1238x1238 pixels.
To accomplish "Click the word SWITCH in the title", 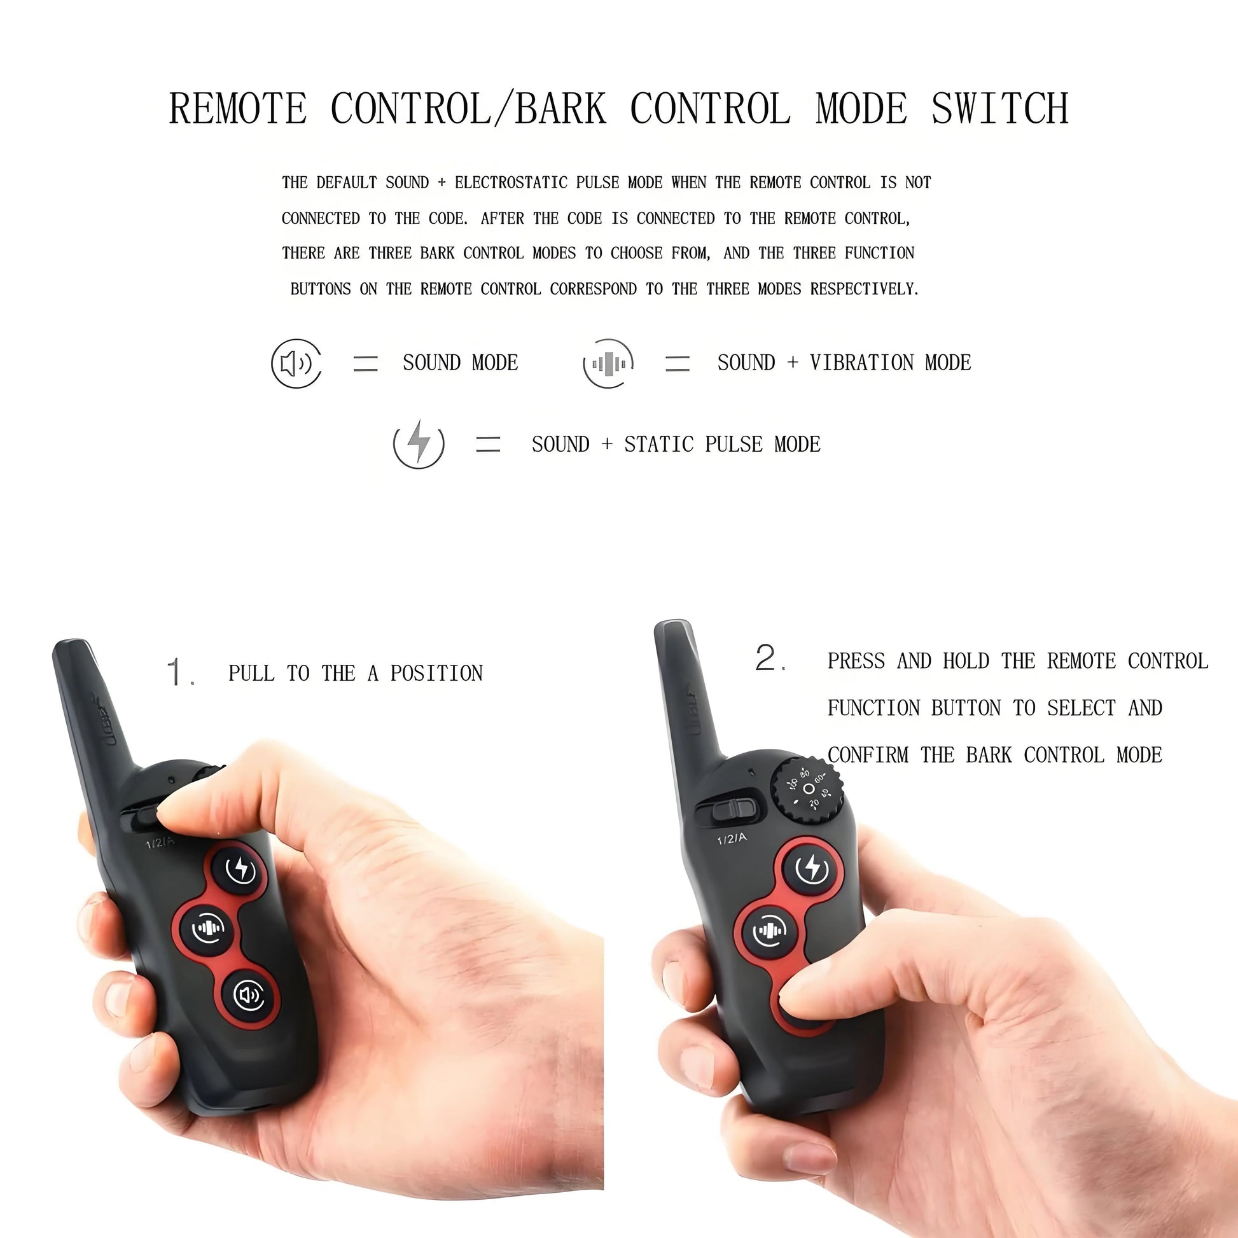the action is (999, 108).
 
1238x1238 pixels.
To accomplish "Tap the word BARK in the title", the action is (560, 108).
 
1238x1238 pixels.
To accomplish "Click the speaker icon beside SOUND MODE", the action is (296, 363).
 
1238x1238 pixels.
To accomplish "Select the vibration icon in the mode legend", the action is (608, 363).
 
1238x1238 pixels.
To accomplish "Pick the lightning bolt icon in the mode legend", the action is (419, 444).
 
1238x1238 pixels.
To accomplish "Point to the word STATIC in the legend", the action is (658, 444).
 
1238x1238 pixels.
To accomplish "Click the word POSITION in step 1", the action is (436, 674).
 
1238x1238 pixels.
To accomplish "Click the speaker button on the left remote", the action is (250, 995).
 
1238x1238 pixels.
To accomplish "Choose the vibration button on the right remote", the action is (770, 931).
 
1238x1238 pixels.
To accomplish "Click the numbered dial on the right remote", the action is (806, 789).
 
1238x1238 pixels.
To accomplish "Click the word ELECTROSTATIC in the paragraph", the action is (511, 183).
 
